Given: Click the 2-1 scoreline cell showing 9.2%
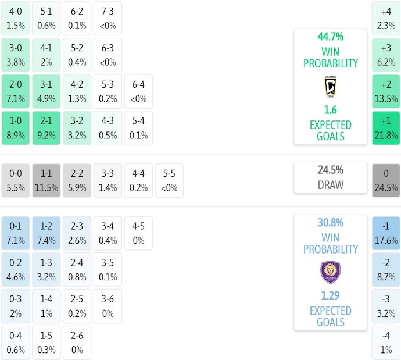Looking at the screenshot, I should coord(46,128).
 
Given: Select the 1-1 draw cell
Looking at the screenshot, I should coord(46,180).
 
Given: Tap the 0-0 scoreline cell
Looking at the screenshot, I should coord(16,180).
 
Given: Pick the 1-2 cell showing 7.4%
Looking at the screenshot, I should coord(46,233).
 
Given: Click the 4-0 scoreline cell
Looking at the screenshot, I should coord(16,18).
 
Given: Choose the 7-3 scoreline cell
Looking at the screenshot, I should coord(108,18).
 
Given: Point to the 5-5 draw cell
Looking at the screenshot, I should coord(169,180).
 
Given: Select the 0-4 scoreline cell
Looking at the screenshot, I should coord(16,343).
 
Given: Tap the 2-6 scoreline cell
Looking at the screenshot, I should coord(77,343).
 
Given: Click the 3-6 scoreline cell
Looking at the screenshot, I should coord(108,306).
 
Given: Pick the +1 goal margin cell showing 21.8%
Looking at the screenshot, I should coord(386,128).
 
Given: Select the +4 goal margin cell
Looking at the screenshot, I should coord(386,18).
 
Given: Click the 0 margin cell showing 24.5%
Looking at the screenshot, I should coord(386,180).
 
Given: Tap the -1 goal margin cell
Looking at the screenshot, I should coord(386,233).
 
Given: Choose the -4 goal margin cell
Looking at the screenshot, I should coord(386,343).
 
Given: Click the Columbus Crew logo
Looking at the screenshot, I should coord(330,87).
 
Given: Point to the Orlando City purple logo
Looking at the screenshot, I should coord(330,272).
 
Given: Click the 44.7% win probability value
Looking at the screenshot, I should coord(330,37).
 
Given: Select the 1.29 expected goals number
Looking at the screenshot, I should coord(330,295).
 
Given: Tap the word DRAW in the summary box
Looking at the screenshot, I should coord(330,185).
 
